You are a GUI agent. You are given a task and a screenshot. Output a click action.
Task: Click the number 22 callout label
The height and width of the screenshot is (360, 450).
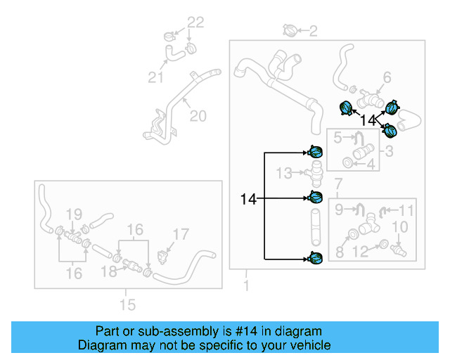pos(195,22)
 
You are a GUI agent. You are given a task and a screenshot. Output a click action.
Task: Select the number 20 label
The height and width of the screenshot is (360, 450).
pos(198,115)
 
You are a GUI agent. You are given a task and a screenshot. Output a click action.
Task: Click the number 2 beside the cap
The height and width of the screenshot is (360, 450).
pos(313,30)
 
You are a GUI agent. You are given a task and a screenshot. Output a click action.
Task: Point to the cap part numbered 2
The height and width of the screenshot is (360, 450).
pos(291,30)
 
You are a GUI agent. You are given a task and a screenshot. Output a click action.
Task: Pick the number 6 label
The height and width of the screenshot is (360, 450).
pos(386,77)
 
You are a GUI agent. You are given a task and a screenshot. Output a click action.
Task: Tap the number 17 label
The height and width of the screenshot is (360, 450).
pos(181,234)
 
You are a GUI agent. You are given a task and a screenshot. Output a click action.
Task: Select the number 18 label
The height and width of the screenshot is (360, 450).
pos(108,271)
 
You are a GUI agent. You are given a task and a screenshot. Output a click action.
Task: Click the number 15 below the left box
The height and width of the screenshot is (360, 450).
pos(127,305)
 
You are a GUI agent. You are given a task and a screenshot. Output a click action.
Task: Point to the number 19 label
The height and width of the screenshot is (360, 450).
pos(74,214)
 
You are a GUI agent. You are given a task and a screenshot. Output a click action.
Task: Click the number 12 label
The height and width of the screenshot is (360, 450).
pos(360,251)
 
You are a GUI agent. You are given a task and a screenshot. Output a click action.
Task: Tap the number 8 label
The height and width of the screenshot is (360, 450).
pos(340,251)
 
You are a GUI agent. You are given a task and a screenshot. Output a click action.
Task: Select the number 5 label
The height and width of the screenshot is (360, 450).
pos(337,138)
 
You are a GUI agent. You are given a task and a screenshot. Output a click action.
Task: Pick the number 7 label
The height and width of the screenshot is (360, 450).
pos(338,184)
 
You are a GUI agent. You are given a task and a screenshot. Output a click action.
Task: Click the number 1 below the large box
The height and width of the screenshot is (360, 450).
pos(246,286)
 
